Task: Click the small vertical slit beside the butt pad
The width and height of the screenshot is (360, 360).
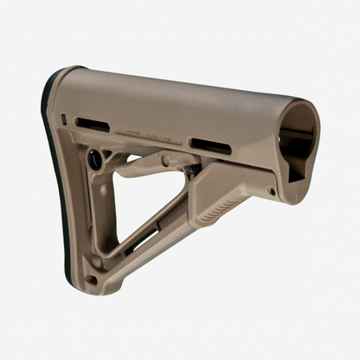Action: click(x=63, y=119)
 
